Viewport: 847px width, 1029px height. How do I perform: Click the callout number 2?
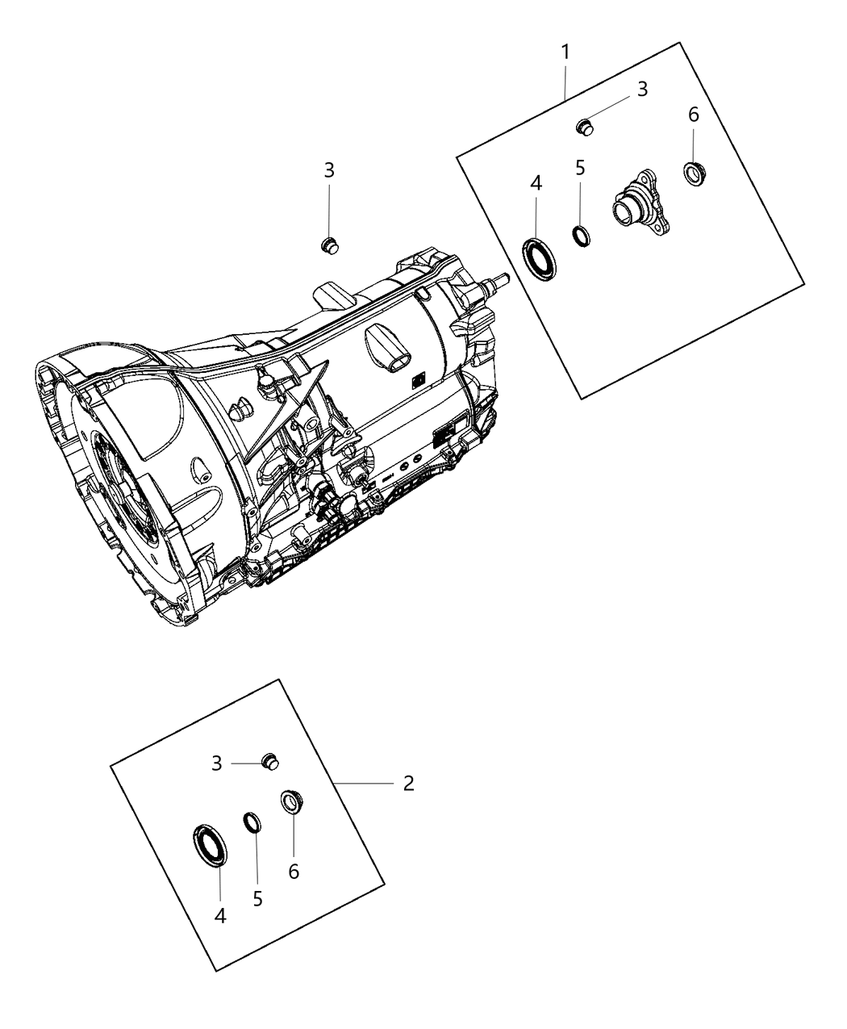[409, 784]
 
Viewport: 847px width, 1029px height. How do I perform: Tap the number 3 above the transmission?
[329, 170]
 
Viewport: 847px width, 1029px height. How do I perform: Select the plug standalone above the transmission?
[330, 245]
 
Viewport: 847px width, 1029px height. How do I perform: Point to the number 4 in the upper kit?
[536, 183]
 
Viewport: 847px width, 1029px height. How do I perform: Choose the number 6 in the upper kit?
[694, 115]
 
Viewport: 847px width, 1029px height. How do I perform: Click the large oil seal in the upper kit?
[538, 258]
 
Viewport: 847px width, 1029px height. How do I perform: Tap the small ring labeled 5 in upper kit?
[580, 236]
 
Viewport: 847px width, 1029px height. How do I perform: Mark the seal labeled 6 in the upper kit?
[695, 174]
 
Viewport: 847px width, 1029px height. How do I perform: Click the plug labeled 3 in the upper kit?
[586, 127]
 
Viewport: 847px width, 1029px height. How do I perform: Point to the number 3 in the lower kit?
[217, 763]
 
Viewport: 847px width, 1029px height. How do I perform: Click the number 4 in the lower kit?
[220, 917]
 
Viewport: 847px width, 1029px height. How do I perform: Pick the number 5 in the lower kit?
[257, 898]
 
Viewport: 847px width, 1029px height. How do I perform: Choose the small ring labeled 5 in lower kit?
[253, 823]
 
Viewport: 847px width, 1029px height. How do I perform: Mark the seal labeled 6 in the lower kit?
[290, 802]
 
